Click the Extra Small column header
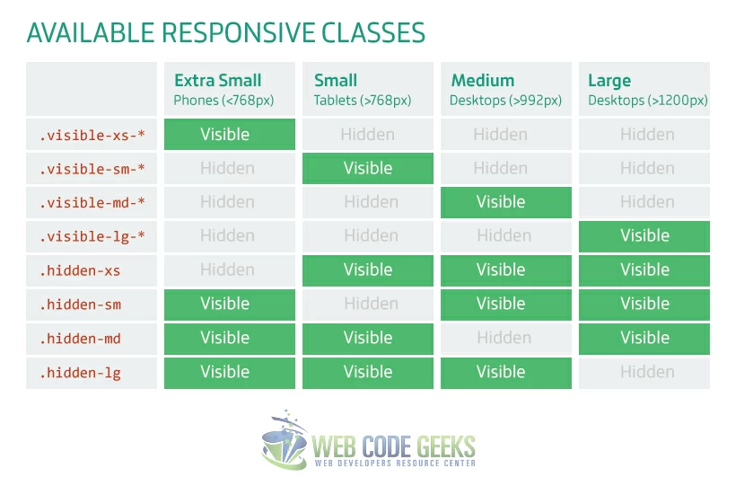[229, 89]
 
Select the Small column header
[367, 89]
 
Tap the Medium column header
[505, 89]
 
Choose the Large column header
[644, 89]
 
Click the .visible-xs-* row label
[92, 135]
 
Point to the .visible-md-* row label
[92, 203]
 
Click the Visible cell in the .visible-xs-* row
[229, 135]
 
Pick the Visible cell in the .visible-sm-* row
[367, 169]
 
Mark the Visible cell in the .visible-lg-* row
[644, 236]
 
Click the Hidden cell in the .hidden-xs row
[229, 270]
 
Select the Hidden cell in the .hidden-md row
[505, 339]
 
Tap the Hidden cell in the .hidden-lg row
[644, 373]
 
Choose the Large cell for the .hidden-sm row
[644, 305]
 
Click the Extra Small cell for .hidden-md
[229, 339]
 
